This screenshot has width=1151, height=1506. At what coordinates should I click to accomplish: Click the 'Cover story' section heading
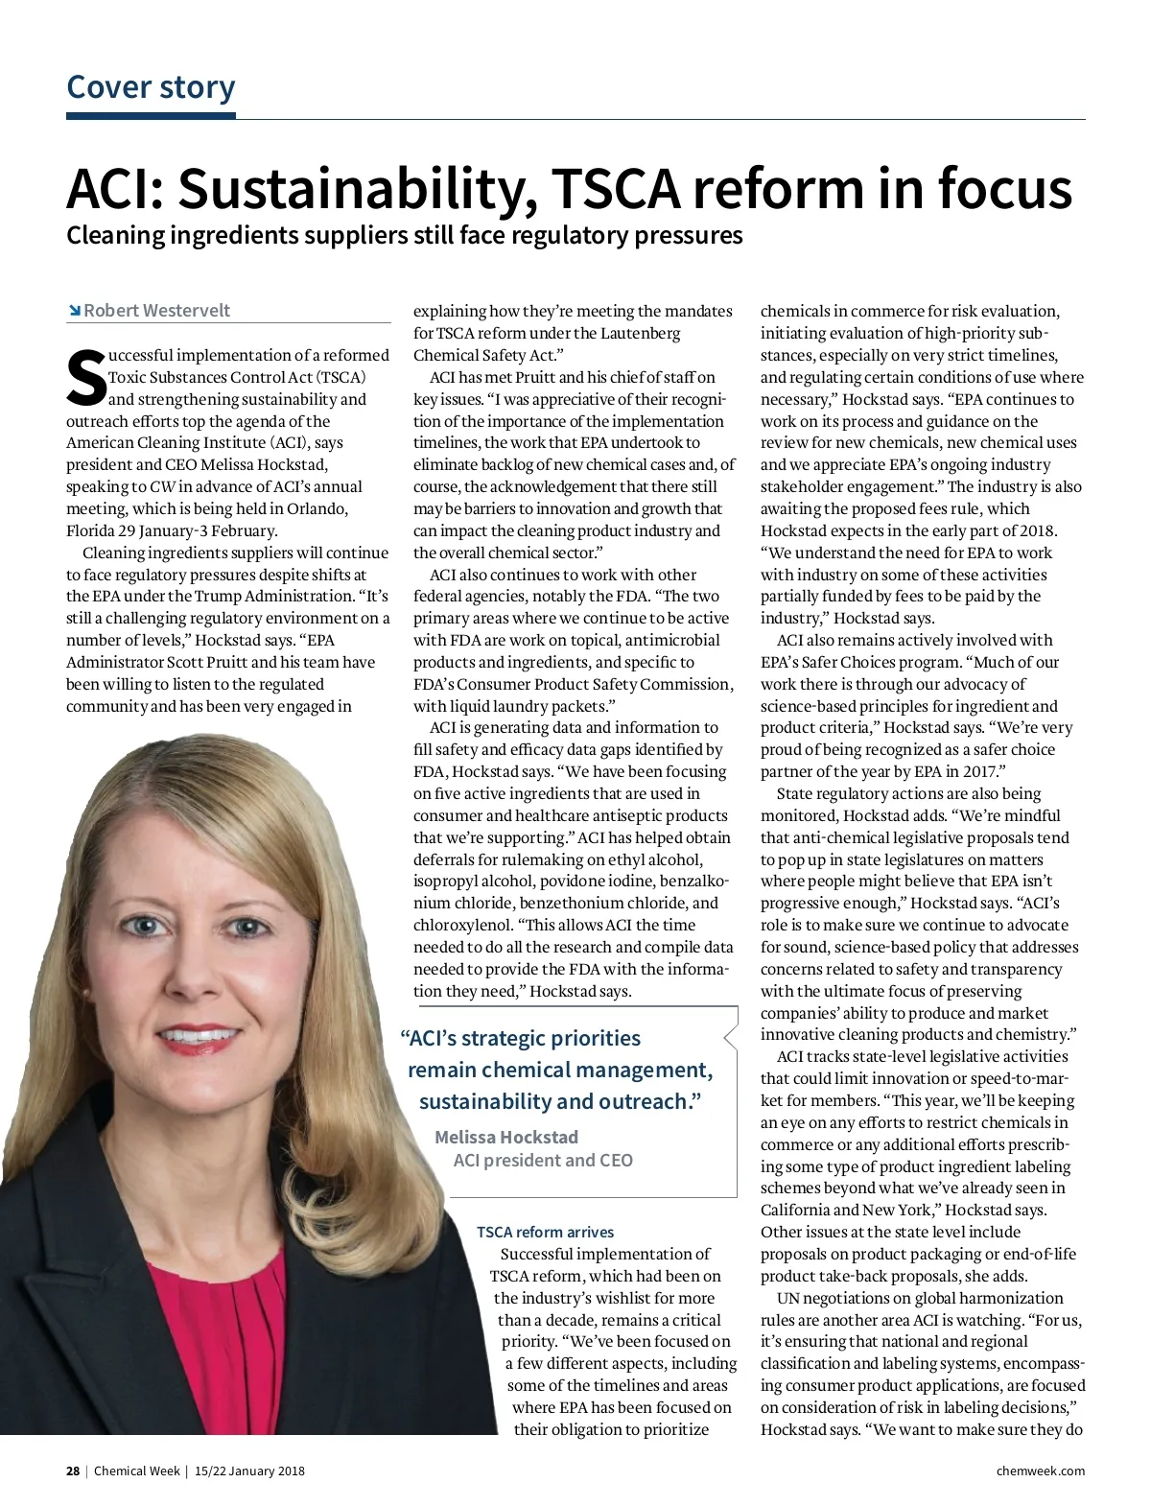(x=151, y=86)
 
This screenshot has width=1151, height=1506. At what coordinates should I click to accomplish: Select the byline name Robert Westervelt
(x=156, y=310)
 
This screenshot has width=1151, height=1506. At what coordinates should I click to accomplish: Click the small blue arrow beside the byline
(x=74, y=310)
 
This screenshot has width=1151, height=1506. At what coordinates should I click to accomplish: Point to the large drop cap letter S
(x=85, y=378)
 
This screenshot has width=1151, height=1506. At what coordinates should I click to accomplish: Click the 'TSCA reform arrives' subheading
(x=545, y=1232)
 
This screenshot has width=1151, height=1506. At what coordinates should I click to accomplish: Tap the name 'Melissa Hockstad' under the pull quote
(x=506, y=1137)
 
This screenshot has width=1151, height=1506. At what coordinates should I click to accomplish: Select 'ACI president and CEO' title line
(x=543, y=1160)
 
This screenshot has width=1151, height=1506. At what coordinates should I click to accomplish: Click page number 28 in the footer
(x=73, y=1471)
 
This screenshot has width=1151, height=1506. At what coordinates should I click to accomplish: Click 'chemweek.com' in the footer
(x=1041, y=1471)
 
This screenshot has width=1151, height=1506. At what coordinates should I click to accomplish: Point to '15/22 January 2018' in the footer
(x=249, y=1471)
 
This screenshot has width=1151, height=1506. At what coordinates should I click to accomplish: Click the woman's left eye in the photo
(x=247, y=927)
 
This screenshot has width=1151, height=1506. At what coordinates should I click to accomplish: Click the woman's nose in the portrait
(x=197, y=978)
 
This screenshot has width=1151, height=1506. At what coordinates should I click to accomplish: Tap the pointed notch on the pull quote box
(x=727, y=1036)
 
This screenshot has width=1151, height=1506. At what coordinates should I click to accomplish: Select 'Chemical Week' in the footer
(x=136, y=1471)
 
